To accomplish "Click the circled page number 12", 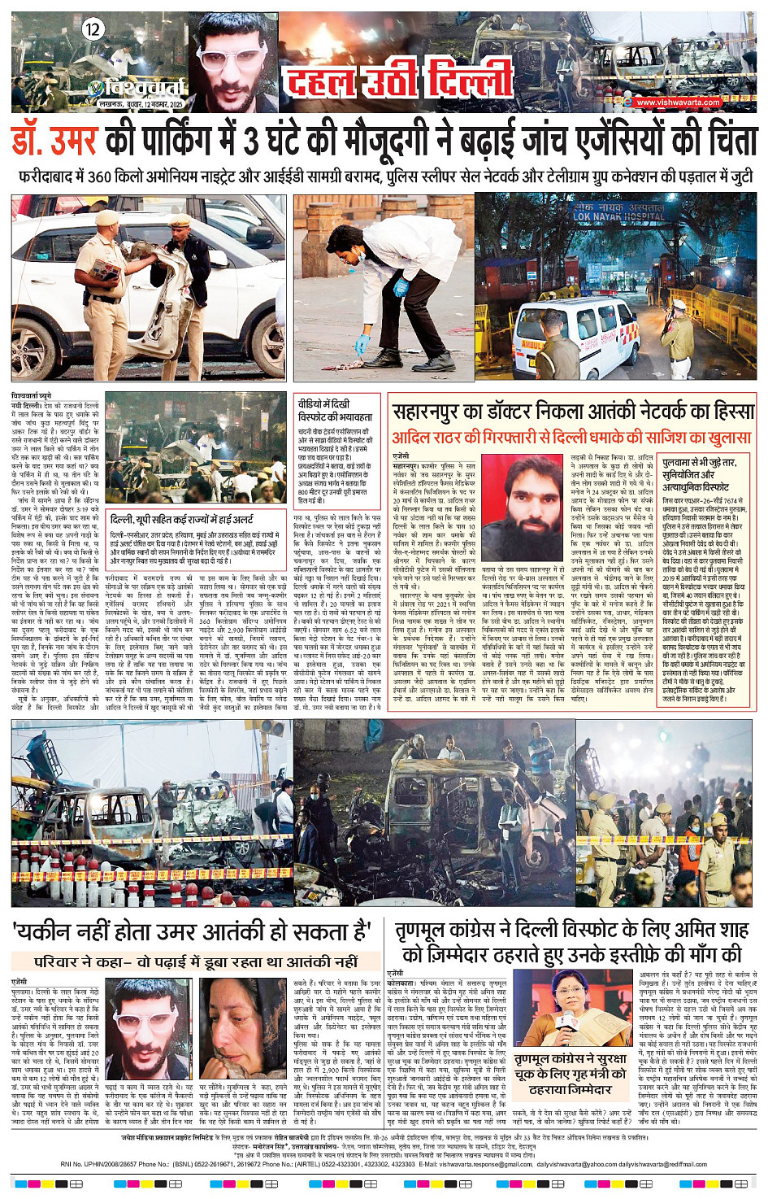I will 93,30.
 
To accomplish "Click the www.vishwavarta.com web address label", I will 678,102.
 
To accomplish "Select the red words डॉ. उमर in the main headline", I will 54,140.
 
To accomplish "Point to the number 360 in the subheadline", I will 100,176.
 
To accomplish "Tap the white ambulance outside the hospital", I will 569,334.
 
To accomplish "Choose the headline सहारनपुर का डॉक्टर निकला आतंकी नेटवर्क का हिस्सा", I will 573,412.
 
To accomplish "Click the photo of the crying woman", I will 241,1027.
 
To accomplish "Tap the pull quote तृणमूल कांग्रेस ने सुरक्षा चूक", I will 570,1074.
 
